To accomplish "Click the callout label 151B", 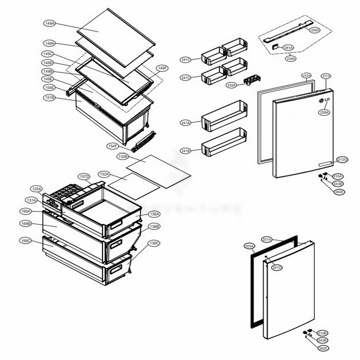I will pyautogui.click(x=49, y=98).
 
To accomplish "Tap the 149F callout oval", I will pyautogui.click(x=162, y=68).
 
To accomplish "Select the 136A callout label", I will pyautogui.click(x=154, y=214).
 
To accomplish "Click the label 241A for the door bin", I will pyautogui.click(x=186, y=123).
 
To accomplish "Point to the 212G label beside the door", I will pyautogui.click(x=342, y=159).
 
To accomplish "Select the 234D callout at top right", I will pyautogui.click(x=314, y=30).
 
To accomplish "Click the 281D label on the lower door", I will pyautogui.click(x=277, y=267).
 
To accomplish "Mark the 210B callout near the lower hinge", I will pyautogui.click(x=322, y=333).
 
